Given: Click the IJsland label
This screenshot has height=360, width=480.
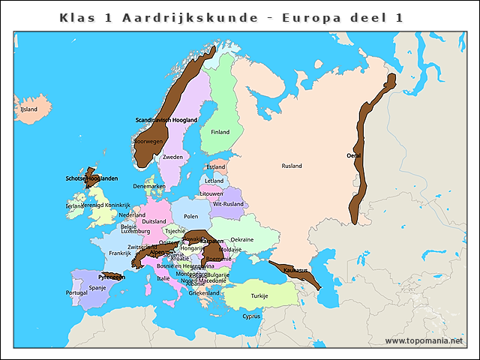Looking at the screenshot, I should click(x=28, y=109).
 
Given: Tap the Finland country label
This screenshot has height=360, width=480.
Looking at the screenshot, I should click(x=220, y=132).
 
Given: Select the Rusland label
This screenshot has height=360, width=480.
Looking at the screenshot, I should click(x=292, y=166).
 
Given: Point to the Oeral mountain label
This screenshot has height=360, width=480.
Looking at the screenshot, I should click(x=354, y=155).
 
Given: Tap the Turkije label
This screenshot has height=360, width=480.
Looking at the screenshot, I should click(x=259, y=295).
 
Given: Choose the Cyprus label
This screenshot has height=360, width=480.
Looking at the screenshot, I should click(x=251, y=316).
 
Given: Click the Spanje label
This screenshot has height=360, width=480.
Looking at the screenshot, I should click(x=97, y=287).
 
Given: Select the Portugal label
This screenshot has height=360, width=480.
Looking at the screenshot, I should click(x=76, y=293).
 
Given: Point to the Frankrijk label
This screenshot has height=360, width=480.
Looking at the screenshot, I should click(x=119, y=253).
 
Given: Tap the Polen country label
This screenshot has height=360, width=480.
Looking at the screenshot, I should click(x=190, y=216).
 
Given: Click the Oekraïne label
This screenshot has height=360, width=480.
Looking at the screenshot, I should click(x=242, y=240).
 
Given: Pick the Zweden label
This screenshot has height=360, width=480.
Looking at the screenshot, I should click(x=172, y=157).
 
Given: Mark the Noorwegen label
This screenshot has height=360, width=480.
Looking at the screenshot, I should click(x=148, y=141).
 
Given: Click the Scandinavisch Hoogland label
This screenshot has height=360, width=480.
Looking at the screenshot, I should click(x=166, y=120).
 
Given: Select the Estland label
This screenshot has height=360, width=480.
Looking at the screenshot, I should click(x=216, y=167).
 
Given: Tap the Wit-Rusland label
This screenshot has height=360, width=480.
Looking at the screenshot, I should click(x=228, y=204).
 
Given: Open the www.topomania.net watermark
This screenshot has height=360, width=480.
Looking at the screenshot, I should click(x=430, y=340).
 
